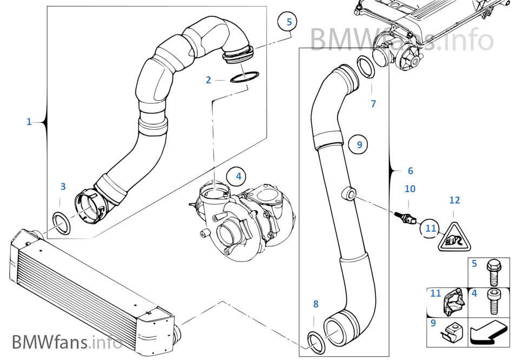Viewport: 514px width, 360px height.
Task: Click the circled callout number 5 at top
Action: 289,22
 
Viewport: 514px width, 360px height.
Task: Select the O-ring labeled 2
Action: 245,78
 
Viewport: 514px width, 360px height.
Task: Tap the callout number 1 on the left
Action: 29,122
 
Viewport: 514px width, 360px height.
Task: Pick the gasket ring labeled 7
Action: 368,69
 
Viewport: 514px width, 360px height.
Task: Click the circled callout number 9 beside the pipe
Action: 359,144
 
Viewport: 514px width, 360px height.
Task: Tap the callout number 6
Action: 410,171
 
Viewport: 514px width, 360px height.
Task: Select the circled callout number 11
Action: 431,228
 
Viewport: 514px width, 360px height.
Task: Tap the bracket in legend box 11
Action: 453,304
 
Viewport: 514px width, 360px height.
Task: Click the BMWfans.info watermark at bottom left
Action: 67,342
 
